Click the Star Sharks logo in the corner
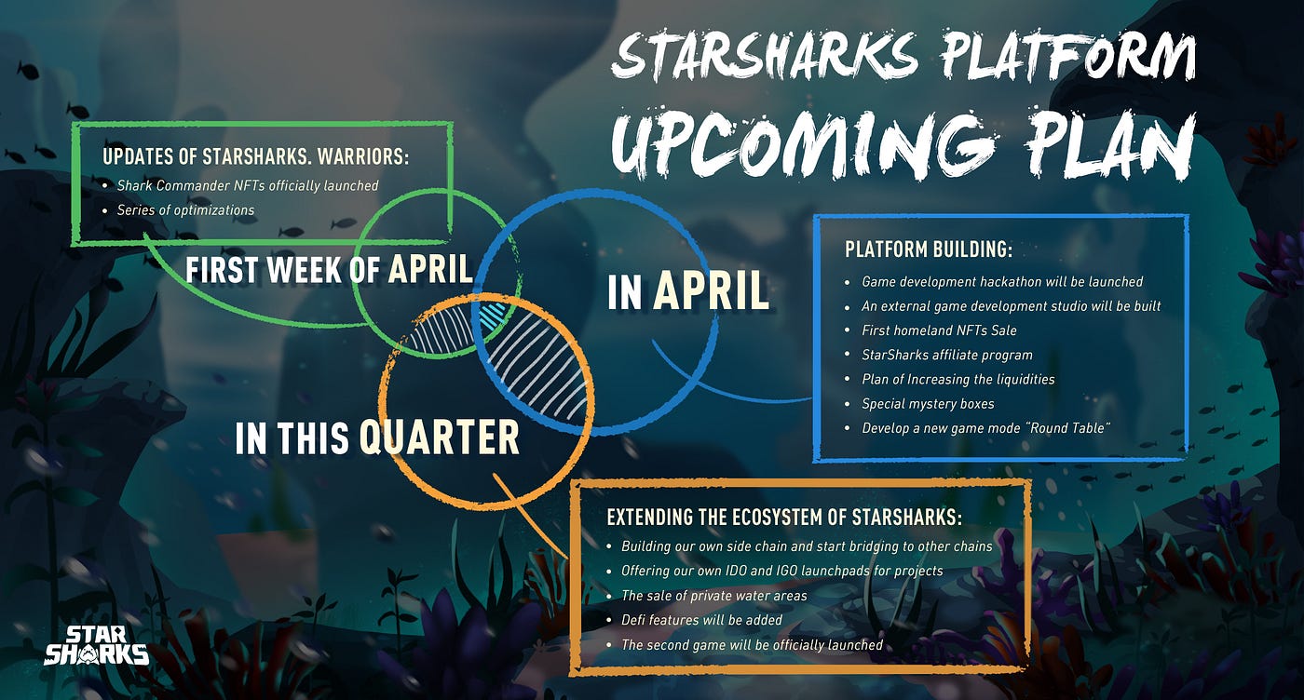pyautogui.click(x=97, y=645)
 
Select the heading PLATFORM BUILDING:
pyautogui.click(x=929, y=249)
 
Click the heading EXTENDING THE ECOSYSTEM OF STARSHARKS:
pyautogui.click(x=784, y=517)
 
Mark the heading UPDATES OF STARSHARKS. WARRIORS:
pyautogui.click(x=255, y=156)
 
